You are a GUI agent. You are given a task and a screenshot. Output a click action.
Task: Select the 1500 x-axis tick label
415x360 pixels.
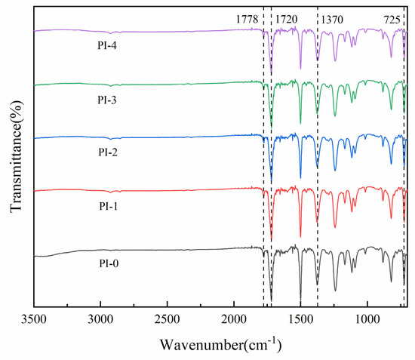(x=300, y=320)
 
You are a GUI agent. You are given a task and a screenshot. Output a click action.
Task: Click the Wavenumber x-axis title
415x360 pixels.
(x=220, y=343)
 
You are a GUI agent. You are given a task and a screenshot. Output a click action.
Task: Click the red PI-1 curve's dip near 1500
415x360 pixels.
(x=300, y=237)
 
